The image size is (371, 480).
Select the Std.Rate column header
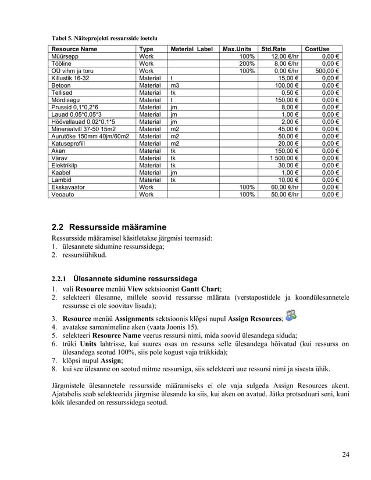(x=273, y=49)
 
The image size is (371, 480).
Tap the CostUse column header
(x=318, y=49)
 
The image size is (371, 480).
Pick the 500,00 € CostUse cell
(x=325, y=71)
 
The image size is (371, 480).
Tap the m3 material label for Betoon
(x=175, y=86)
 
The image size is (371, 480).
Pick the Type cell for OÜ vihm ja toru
(x=146, y=71)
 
